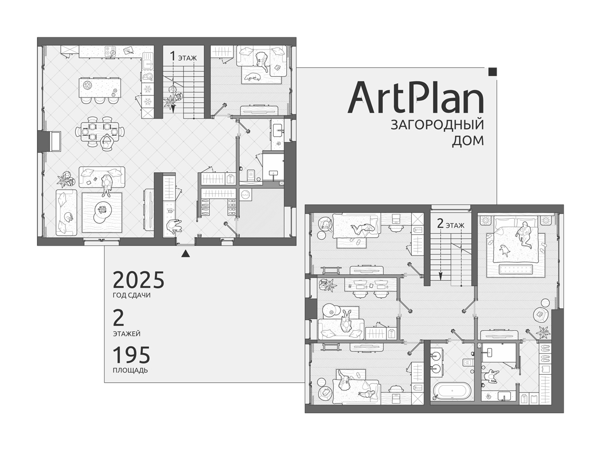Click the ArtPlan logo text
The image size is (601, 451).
click(415, 97)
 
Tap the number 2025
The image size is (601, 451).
click(138, 280)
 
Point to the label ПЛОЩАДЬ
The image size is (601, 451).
click(130, 370)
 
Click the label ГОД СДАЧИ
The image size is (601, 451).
click(131, 296)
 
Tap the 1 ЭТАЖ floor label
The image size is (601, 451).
click(183, 57)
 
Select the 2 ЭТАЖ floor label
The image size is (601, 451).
click(450, 224)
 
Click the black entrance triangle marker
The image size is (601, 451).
click(186, 253)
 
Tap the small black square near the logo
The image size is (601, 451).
click(493, 72)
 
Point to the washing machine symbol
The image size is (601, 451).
click(245, 194)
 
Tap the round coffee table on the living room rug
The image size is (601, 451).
click(102, 210)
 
